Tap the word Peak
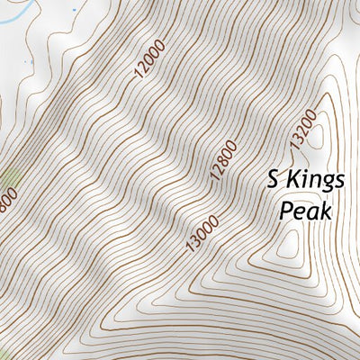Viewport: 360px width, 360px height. pyautogui.click(x=307, y=211)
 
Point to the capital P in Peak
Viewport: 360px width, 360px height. pyautogui.click(x=286, y=211)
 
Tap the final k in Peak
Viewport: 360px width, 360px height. pyautogui.click(x=328, y=211)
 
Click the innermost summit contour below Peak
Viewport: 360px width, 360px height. pyautogui.click(x=291, y=244)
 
